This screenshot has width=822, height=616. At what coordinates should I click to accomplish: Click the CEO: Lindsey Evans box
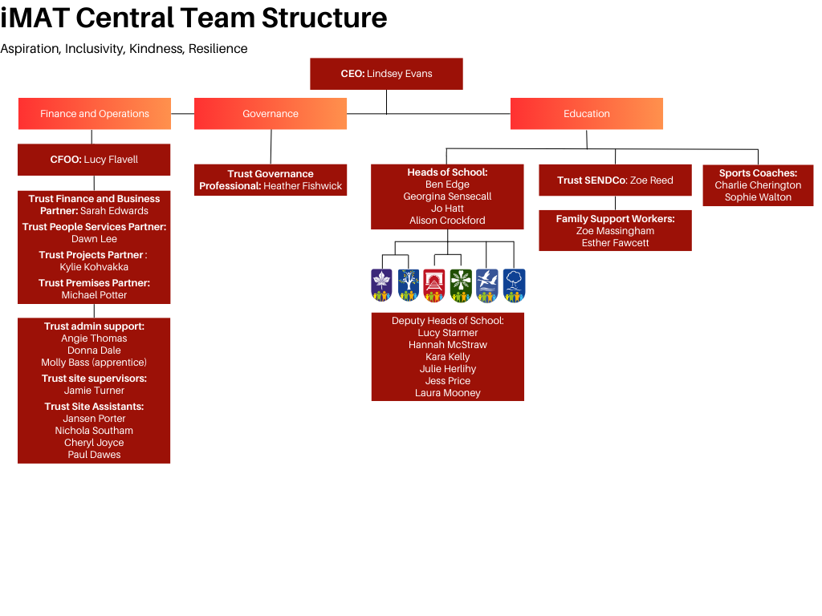click(386, 74)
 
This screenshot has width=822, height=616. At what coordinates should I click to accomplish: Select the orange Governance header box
click(271, 114)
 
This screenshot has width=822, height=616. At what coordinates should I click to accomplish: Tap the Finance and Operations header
click(95, 114)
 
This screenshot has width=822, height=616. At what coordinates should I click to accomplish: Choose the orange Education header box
click(587, 114)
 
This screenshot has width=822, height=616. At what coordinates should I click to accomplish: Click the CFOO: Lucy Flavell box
click(94, 160)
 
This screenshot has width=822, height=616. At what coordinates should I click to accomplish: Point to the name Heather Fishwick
click(303, 186)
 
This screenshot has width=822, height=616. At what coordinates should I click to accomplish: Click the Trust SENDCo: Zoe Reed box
click(615, 180)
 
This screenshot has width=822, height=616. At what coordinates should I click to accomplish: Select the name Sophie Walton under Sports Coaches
click(758, 197)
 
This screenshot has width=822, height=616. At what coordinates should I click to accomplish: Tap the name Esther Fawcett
click(615, 243)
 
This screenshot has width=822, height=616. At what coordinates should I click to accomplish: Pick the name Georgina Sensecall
click(447, 197)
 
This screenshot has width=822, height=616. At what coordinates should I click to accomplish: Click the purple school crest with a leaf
click(381, 286)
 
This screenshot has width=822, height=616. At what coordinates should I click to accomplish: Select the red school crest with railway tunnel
click(434, 286)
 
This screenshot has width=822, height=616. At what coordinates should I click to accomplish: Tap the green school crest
click(461, 286)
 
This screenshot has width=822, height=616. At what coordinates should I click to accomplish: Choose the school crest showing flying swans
click(487, 286)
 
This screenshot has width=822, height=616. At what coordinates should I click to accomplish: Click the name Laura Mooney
click(447, 393)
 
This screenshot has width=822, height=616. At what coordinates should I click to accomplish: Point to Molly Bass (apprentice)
click(94, 363)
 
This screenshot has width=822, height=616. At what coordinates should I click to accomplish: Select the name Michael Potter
click(94, 295)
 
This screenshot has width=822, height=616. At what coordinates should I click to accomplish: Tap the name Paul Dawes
click(94, 455)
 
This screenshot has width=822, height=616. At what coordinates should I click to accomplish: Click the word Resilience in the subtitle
click(218, 49)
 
